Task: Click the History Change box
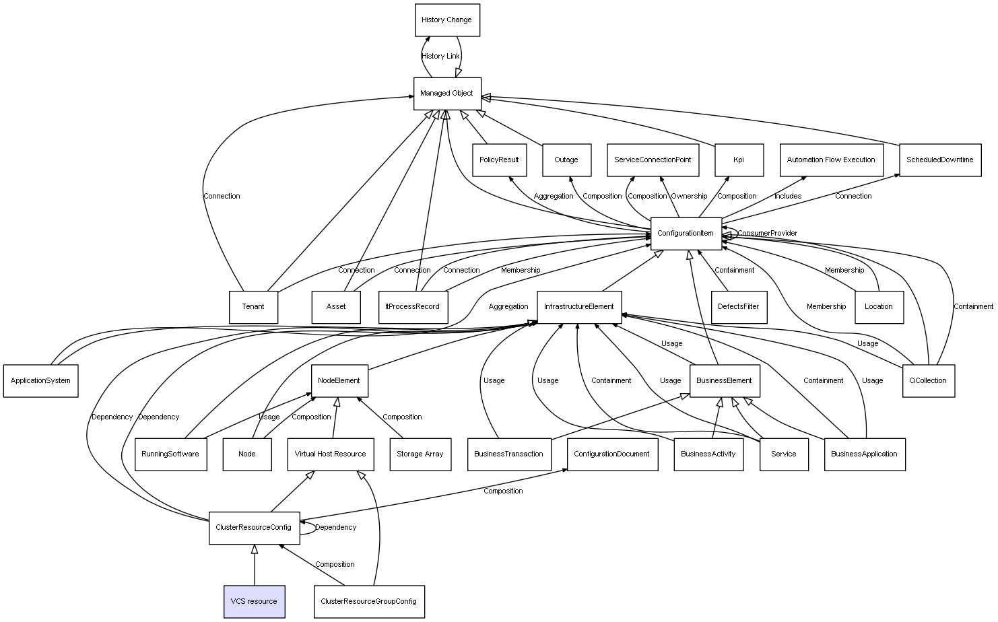point(446,20)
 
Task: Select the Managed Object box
point(446,94)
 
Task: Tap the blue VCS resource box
point(254,601)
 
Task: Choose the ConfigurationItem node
point(686,234)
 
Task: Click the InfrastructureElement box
point(578,307)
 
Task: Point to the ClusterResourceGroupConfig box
point(368,601)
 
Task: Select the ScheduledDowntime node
point(939,160)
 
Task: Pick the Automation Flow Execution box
point(831,160)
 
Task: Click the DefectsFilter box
point(738,307)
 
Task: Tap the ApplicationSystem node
point(40,381)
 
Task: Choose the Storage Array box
point(420,454)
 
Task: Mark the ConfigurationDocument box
point(611,454)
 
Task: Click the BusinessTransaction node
point(508,454)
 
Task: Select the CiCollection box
point(927,381)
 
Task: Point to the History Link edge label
point(440,57)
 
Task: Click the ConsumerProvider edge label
point(767,234)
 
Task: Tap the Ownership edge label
point(689,197)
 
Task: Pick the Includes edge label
point(787,197)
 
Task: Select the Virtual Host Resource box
point(330,454)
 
